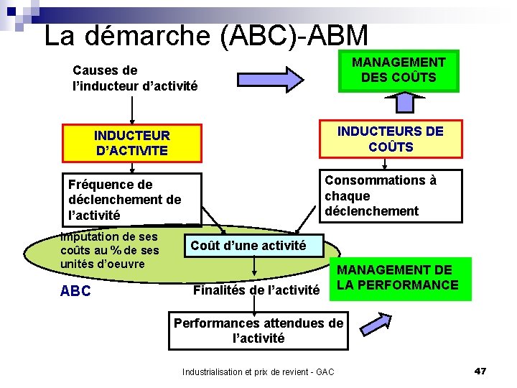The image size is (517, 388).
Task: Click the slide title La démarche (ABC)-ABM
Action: click(206, 35)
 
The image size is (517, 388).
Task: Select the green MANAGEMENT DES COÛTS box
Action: click(399, 70)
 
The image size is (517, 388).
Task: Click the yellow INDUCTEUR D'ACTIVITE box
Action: click(132, 143)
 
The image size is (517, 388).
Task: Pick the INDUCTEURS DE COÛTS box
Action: click(391, 139)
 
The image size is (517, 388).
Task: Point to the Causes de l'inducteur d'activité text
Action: click(134, 78)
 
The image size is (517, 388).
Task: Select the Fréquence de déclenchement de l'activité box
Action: click(132, 200)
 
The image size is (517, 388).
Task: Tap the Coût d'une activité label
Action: click(248, 246)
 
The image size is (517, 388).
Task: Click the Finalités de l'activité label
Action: click(256, 290)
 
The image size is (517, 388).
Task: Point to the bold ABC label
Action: click(75, 292)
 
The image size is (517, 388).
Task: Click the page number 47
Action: click(480, 371)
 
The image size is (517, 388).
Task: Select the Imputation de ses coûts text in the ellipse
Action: click(110, 236)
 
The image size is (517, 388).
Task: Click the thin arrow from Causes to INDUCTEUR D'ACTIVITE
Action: click(132, 111)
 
